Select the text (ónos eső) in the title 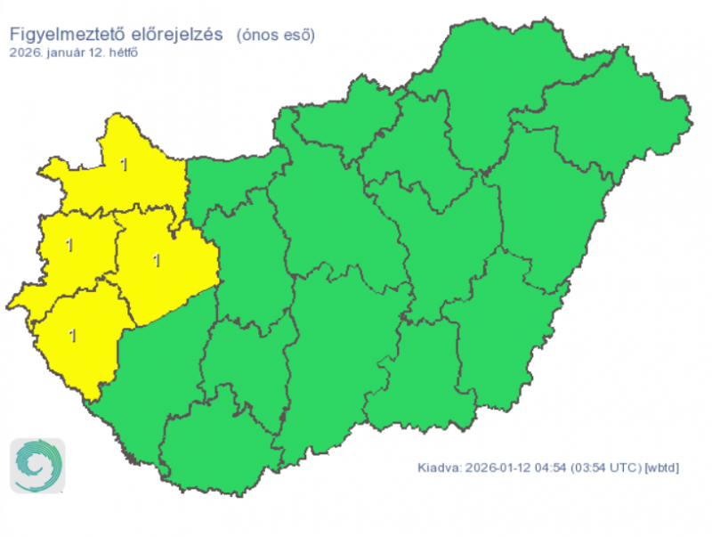(275, 35)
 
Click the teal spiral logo (38, 465)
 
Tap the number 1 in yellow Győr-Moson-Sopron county (124, 164)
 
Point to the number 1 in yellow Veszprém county (158, 261)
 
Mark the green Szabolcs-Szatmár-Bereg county (614, 134)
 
